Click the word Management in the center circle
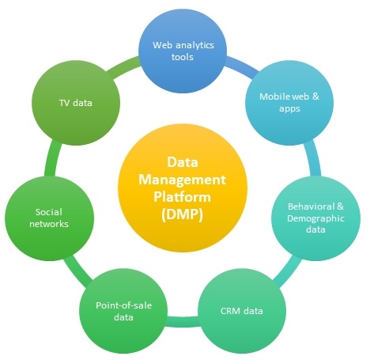182,180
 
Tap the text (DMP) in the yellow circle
182,214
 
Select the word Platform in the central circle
182,197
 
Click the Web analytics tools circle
183,51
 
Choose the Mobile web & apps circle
289,103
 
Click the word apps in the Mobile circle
289,108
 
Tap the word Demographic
315,218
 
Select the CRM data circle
242,311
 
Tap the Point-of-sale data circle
123,311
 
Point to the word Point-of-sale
123,305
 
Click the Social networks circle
49,218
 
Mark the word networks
49,224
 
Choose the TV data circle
76,103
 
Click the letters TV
65,103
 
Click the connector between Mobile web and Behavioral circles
314,158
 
